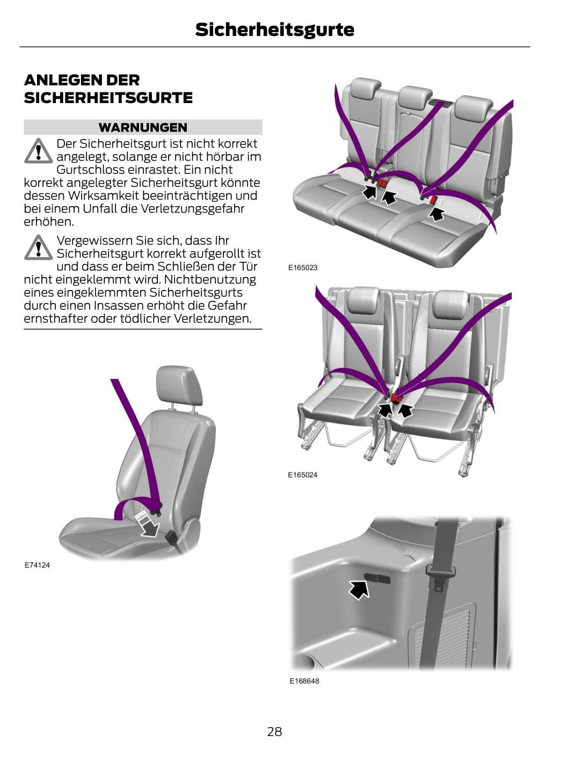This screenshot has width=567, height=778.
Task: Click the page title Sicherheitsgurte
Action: tap(274, 30)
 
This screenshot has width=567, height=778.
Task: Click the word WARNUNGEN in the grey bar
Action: tap(143, 127)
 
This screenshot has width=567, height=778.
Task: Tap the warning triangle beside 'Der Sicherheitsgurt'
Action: tap(38, 151)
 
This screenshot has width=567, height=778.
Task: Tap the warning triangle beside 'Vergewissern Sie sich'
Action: tap(38, 248)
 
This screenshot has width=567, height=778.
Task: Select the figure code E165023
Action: tap(303, 267)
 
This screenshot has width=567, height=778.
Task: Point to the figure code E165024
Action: tap(302, 475)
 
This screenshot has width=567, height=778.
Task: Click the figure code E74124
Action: tap(37, 565)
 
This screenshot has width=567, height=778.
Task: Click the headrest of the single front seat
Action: tap(179, 385)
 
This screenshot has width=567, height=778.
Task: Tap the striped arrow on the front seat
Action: tap(147, 524)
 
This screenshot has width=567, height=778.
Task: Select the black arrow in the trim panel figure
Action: tap(359, 590)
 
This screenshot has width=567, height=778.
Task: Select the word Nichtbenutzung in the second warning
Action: tap(210, 279)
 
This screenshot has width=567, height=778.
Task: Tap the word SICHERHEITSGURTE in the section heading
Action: tap(108, 98)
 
